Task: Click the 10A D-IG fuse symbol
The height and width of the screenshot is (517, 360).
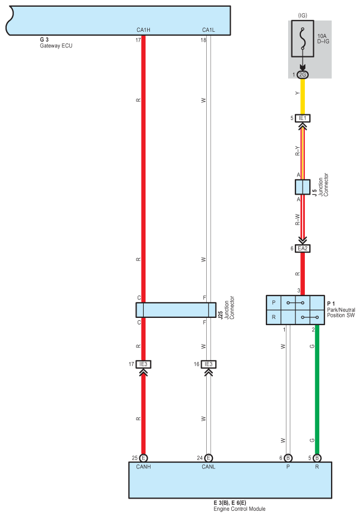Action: click(303, 41)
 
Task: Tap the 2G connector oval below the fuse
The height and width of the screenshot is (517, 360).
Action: click(303, 74)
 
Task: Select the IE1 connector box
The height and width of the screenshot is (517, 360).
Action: click(303, 118)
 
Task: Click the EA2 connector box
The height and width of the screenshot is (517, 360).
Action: click(303, 248)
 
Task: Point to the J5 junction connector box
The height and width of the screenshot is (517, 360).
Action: click(303, 187)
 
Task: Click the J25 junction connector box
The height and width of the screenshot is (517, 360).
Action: click(176, 310)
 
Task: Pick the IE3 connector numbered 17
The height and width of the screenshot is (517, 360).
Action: click(143, 364)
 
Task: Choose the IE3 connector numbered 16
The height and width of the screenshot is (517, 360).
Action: click(208, 364)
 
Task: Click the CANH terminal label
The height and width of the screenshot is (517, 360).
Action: click(143, 467)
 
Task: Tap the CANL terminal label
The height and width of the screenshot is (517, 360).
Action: click(208, 467)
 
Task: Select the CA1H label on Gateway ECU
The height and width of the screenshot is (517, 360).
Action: click(143, 29)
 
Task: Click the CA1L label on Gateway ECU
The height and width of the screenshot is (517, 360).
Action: click(208, 29)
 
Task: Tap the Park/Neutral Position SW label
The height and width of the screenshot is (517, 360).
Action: click(341, 312)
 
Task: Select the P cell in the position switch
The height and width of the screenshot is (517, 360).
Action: click(273, 303)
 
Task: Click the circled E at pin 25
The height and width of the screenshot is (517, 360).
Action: click(143, 458)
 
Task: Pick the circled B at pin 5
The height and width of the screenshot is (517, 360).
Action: click(317, 458)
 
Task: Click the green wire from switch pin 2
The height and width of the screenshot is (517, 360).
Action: click(317, 390)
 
